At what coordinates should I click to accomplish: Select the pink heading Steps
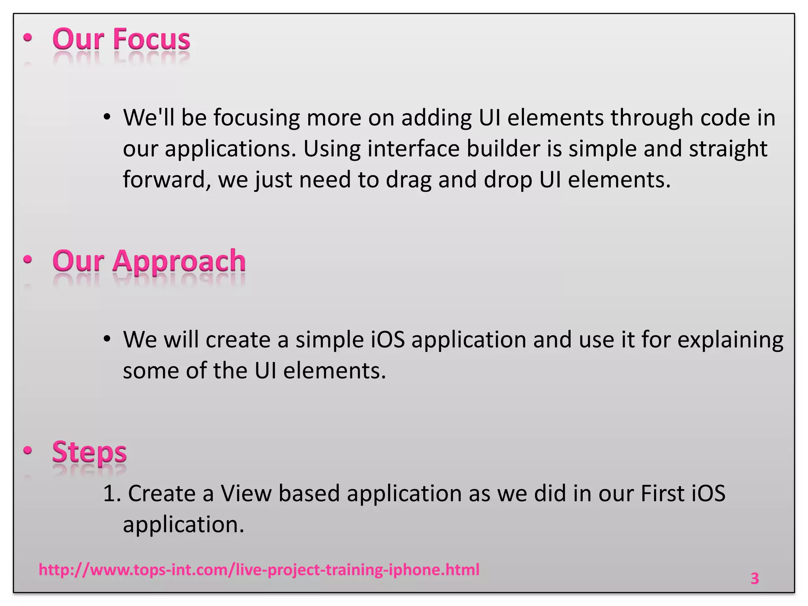90,452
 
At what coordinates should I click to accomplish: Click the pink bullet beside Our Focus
28,38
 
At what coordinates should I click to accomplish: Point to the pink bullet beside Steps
28,450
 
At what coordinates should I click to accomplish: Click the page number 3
754,578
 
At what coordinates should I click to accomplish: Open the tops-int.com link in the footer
259,570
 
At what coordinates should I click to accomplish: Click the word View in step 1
246,494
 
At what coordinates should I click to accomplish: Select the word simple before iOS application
329,340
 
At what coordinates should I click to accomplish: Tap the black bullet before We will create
107,339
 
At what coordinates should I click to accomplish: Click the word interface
413,149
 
